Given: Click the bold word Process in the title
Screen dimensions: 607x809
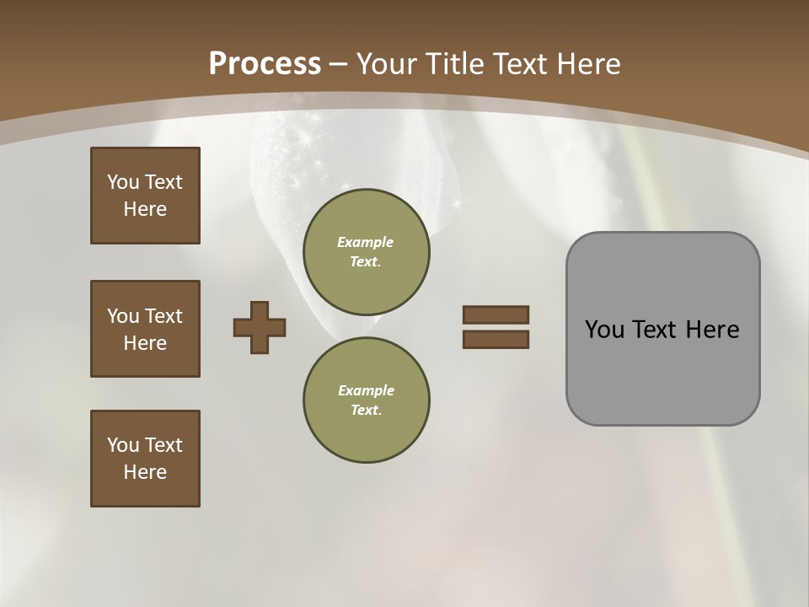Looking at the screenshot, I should (x=265, y=64).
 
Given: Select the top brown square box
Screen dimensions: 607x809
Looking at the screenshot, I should (x=145, y=196).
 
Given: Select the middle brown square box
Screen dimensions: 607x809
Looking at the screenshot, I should (x=145, y=329).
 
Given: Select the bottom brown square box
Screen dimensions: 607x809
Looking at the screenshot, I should (x=145, y=459).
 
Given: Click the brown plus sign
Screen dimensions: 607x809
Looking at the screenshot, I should (x=260, y=327).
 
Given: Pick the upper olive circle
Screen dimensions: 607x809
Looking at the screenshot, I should (x=367, y=252).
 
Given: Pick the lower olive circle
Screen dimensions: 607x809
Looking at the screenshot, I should (x=367, y=400).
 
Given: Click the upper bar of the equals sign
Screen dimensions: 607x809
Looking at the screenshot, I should (x=496, y=314).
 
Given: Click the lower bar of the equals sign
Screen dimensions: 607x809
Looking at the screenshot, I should (x=496, y=339).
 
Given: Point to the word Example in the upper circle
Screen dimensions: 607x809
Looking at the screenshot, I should (x=366, y=242).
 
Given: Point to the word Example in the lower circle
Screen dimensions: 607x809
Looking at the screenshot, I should (x=366, y=390).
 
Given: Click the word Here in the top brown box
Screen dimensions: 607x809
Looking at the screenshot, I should (x=145, y=209).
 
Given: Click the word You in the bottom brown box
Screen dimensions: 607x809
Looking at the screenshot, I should (x=123, y=445).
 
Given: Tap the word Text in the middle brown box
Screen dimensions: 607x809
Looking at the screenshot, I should (x=163, y=316).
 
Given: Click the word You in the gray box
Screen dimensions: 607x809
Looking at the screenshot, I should (x=603, y=330).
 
